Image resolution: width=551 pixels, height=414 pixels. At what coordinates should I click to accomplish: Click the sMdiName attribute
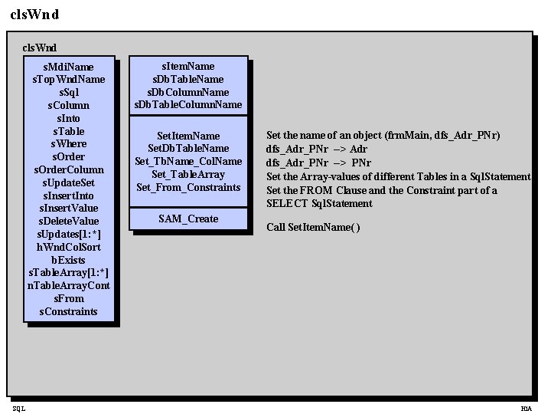pyautogui.click(x=69, y=67)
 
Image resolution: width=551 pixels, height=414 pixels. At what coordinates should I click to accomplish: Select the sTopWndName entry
pyautogui.click(x=69, y=80)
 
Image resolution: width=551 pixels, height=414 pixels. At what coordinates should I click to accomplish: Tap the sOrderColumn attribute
pyautogui.click(x=69, y=169)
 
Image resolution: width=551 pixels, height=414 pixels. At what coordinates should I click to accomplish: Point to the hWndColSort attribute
pyautogui.click(x=69, y=247)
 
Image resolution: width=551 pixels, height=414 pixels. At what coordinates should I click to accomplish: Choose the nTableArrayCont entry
pyautogui.click(x=69, y=285)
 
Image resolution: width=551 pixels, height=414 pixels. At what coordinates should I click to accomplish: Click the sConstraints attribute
pyautogui.click(x=69, y=311)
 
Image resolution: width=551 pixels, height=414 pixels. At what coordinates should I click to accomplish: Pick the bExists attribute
pyautogui.click(x=69, y=260)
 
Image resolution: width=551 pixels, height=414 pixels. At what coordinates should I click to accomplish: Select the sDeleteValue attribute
pyautogui.click(x=69, y=221)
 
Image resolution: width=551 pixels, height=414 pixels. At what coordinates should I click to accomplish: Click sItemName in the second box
pyautogui.click(x=188, y=67)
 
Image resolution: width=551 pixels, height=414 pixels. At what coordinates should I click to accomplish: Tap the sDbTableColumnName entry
pyautogui.click(x=188, y=105)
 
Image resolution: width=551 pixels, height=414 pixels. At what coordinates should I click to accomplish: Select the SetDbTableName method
pyautogui.click(x=188, y=148)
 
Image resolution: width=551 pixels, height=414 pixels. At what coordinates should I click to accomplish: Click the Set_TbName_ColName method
pyautogui.click(x=188, y=161)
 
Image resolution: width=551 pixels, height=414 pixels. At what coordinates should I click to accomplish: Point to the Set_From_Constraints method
pyautogui.click(x=188, y=187)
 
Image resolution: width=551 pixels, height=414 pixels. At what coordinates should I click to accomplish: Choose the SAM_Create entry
pyautogui.click(x=188, y=219)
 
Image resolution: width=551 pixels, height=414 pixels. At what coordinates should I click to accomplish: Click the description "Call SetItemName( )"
pyautogui.click(x=313, y=227)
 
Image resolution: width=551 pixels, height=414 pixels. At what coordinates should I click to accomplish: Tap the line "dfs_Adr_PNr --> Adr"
pyautogui.click(x=317, y=149)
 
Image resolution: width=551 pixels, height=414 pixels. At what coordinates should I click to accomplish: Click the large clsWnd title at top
pyautogui.click(x=35, y=14)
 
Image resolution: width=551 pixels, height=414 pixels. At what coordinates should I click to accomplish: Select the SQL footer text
pyautogui.click(x=18, y=409)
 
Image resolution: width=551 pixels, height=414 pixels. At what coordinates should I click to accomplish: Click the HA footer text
pyautogui.click(x=526, y=409)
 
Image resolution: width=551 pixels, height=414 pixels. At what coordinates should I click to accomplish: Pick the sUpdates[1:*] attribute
pyautogui.click(x=69, y=234)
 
